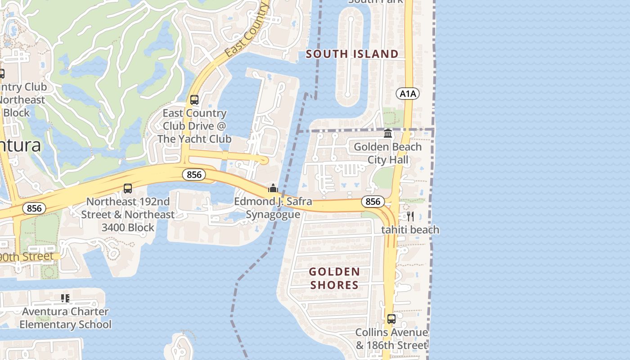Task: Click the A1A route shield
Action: point(408,94)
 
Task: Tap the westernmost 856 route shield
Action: point(34,208)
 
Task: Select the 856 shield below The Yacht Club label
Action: point(194,175)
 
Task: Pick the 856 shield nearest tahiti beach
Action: point(373,202)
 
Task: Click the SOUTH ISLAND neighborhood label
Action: point(352,54)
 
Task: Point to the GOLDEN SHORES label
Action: point(334,278)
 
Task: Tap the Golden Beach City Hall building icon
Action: point(388,134)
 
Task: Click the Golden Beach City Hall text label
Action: point(387,153)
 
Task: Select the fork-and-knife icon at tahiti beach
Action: point(410,216)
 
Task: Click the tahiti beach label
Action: point(410,230)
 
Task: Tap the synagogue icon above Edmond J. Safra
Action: point(273,188)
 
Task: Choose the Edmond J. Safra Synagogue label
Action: point(273,208)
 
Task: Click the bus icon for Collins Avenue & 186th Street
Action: point(391,319)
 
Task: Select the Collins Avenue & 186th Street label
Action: point(391,339)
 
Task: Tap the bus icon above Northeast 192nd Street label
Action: point(128,189)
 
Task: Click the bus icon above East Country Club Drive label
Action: point(194,100)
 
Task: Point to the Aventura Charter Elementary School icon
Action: point(65,298)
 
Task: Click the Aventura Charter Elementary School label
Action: point(65,318)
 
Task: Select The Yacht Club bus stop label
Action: point(194,126)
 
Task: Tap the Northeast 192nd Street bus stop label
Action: point(128,215)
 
